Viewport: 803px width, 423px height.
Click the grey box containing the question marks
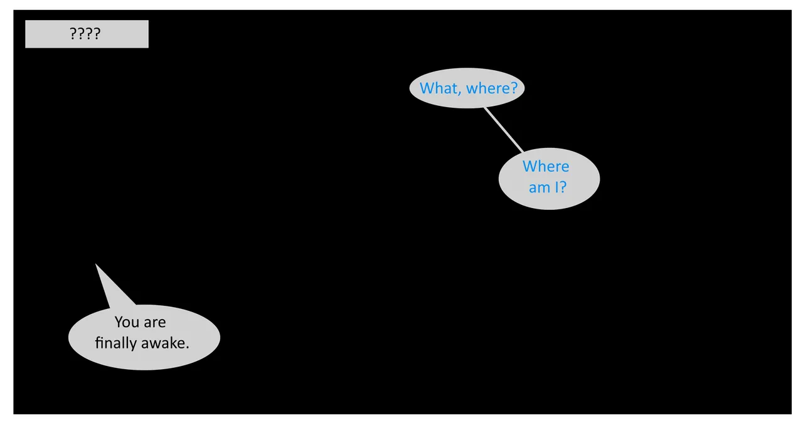tap(87, 34)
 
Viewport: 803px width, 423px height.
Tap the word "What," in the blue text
tap(440, 88)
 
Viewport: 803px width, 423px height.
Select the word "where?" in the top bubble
tap(492, 88)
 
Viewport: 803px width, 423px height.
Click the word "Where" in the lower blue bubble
tap(546, 167)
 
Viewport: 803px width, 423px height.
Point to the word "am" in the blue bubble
tap(540, 187)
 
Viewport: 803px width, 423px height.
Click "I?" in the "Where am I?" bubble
tap(561, 187)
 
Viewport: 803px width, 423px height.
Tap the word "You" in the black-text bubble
tap(127, 322)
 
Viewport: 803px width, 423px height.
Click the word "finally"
tap(116, 343)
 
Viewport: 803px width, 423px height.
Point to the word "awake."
tap(165, 343)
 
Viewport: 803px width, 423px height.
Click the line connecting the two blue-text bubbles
tap(504, 130)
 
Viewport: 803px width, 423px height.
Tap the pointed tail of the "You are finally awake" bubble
tap(96, 264)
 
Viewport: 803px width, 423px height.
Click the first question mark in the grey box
tap(73, 34)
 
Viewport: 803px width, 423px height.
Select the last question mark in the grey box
tap(97, 34)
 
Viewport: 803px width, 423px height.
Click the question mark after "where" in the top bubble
tap(514, 88)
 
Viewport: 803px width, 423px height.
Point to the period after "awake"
tap(187, 348)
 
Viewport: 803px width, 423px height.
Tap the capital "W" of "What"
tap(428, 88)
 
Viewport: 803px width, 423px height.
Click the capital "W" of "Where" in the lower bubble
tap(531, 167)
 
